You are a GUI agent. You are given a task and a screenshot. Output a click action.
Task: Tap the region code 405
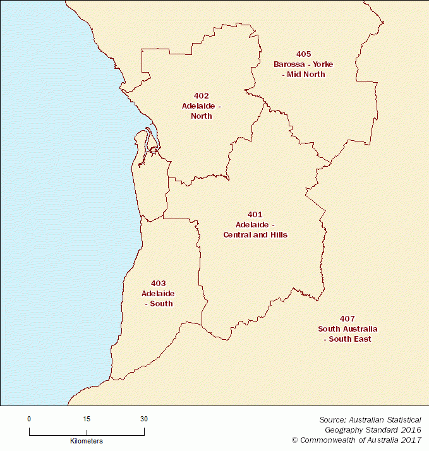click(x=303, y=54)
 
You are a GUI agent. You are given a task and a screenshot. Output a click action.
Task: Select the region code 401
click(x=255, y=215)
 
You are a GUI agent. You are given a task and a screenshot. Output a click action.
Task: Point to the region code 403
click(x=158, y=284)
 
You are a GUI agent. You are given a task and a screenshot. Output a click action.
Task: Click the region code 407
click(x=347, y=319)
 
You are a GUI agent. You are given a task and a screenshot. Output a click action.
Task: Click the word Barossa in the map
click(x=288, y=64)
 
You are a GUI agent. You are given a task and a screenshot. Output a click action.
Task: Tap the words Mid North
click(x=306, y=75)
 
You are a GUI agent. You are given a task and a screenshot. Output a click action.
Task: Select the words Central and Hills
click(x=255, y=235)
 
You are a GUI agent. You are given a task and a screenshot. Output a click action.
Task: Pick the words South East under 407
click(x=350, y=339)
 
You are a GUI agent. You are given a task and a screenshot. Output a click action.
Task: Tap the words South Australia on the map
click(x=347, y=329)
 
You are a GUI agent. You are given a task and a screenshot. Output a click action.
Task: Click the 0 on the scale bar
click(x=29, y=419)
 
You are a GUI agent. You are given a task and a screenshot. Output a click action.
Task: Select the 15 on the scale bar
click(x=87, y=419)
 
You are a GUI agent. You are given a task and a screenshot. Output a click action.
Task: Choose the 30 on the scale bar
click(x=144, y=419)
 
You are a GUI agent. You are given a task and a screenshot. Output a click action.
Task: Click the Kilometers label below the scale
click(x=87, y=441)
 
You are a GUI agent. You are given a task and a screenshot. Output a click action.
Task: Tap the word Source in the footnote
click(x=332, y=419)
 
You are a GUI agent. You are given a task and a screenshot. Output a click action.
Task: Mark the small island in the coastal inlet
click(x=153, y=150)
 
